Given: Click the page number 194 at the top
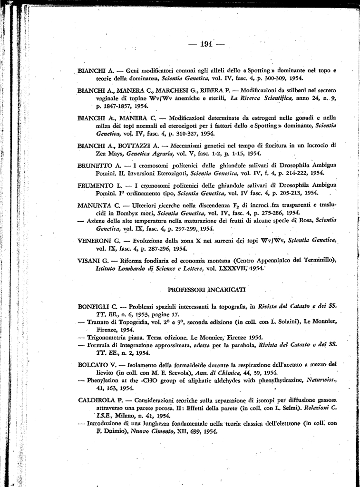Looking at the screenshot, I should (x=206, y=44).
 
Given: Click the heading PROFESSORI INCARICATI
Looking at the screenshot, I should (x=206, y=289).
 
